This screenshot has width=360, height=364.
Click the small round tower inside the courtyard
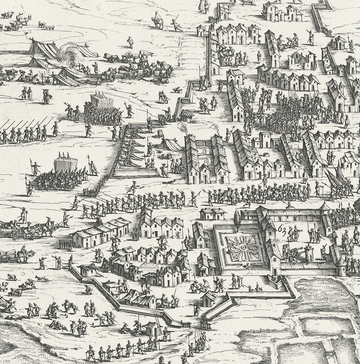[309, 252]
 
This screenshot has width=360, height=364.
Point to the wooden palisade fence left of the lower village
[65, 245]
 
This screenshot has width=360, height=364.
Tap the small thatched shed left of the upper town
[187, 115]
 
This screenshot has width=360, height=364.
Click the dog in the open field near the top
[176, 90]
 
